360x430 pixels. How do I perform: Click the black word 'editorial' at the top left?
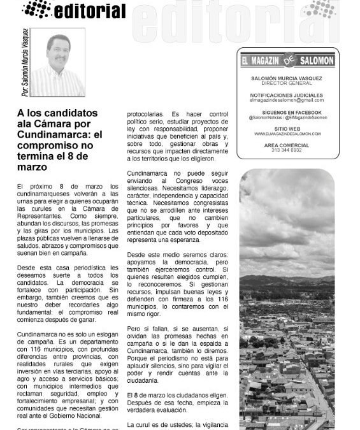tap(90, 10)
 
